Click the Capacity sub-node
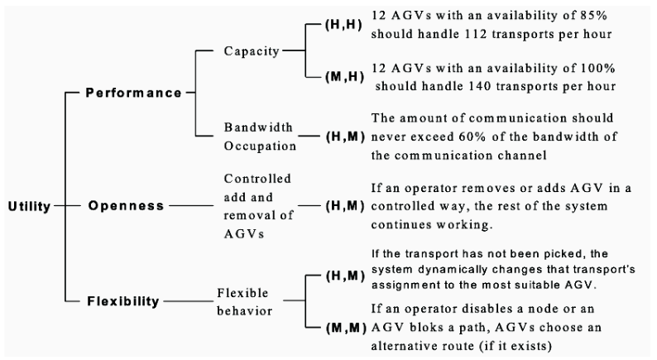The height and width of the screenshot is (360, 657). tap(250, 51)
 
